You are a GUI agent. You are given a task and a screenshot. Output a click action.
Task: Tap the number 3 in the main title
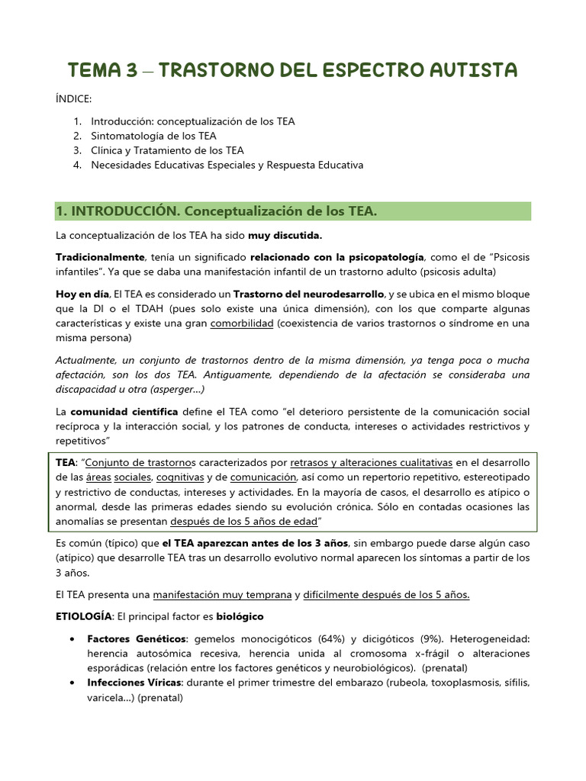pos(130,70)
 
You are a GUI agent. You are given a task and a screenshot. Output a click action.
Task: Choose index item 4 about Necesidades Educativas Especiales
pos(227,165)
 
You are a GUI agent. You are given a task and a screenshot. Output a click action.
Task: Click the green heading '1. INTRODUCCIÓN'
pos(217,211)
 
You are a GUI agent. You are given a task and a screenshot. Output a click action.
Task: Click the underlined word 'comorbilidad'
pos(242,323)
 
